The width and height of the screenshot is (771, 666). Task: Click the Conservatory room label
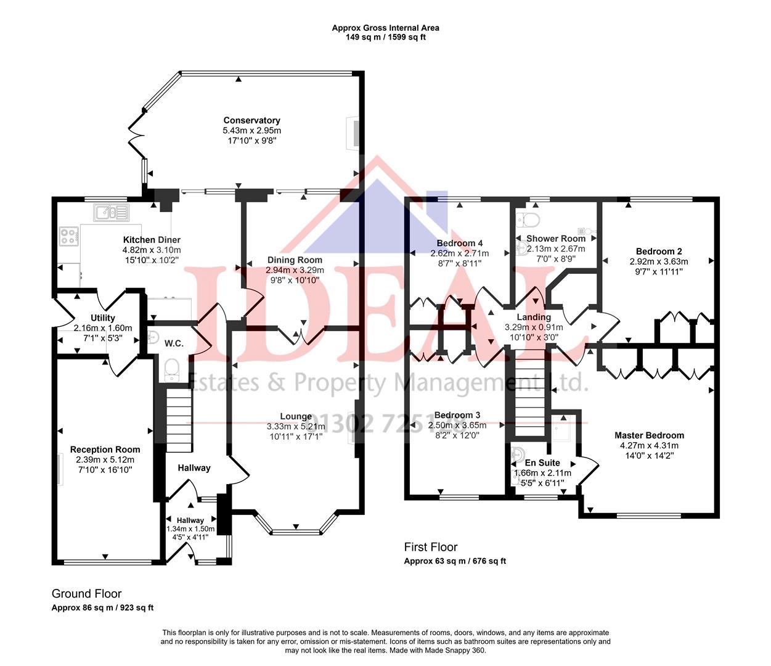(251, 120)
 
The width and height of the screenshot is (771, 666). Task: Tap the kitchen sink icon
(112, 213)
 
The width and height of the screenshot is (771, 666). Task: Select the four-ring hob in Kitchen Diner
(69, 236)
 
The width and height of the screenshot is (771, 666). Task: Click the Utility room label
(102, 318)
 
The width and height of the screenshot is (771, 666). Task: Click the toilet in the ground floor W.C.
(171, 368)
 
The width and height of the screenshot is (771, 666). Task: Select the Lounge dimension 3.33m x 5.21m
(295, 426)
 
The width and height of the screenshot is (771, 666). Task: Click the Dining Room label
(295, 260)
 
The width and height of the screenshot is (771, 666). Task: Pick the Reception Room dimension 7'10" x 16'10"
(105, 469)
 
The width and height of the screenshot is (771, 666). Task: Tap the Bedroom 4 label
(459, 243)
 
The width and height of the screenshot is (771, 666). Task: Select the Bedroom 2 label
(659, 251)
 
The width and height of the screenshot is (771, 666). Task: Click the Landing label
(534, 317)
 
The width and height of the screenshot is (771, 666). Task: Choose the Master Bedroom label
(649, 435)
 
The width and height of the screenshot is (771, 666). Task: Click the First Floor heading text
(431, 547)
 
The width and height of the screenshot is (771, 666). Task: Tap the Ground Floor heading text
(87, 594)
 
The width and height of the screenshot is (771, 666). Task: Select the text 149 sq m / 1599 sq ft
(385, 37)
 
